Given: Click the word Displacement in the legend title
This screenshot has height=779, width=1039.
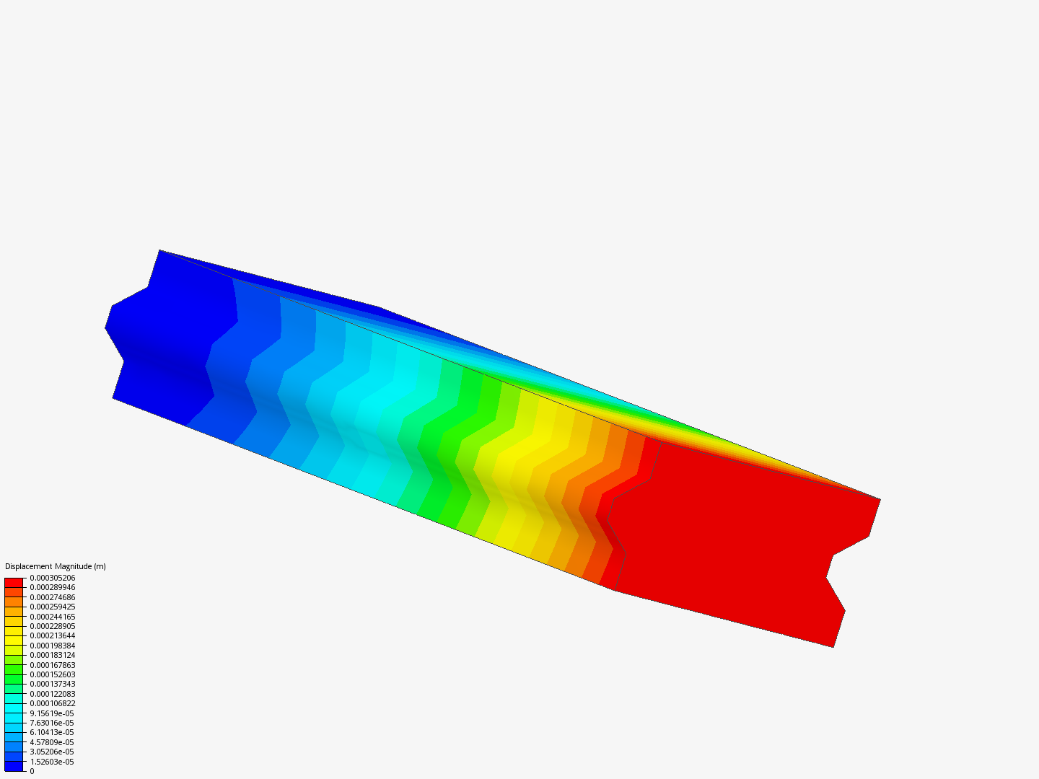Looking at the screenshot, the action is coord(29,566).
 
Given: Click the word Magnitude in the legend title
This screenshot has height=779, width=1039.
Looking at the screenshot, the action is coord(74,566).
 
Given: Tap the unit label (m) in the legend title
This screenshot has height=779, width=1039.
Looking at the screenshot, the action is coord(100,566).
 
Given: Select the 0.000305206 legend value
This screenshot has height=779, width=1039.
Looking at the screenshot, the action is coord(53,578).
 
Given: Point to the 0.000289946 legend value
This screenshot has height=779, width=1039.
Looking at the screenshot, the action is coord(53,587).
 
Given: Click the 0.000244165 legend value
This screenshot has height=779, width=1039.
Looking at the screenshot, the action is coord(53,617).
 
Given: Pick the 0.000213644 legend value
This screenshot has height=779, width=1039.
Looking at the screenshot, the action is coord(53,635).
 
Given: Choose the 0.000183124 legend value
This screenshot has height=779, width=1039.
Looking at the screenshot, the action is coord(53,655).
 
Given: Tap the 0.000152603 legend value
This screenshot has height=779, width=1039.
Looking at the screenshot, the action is coord(53,674).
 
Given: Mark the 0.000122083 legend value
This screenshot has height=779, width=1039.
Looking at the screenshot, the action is coord(53,694).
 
